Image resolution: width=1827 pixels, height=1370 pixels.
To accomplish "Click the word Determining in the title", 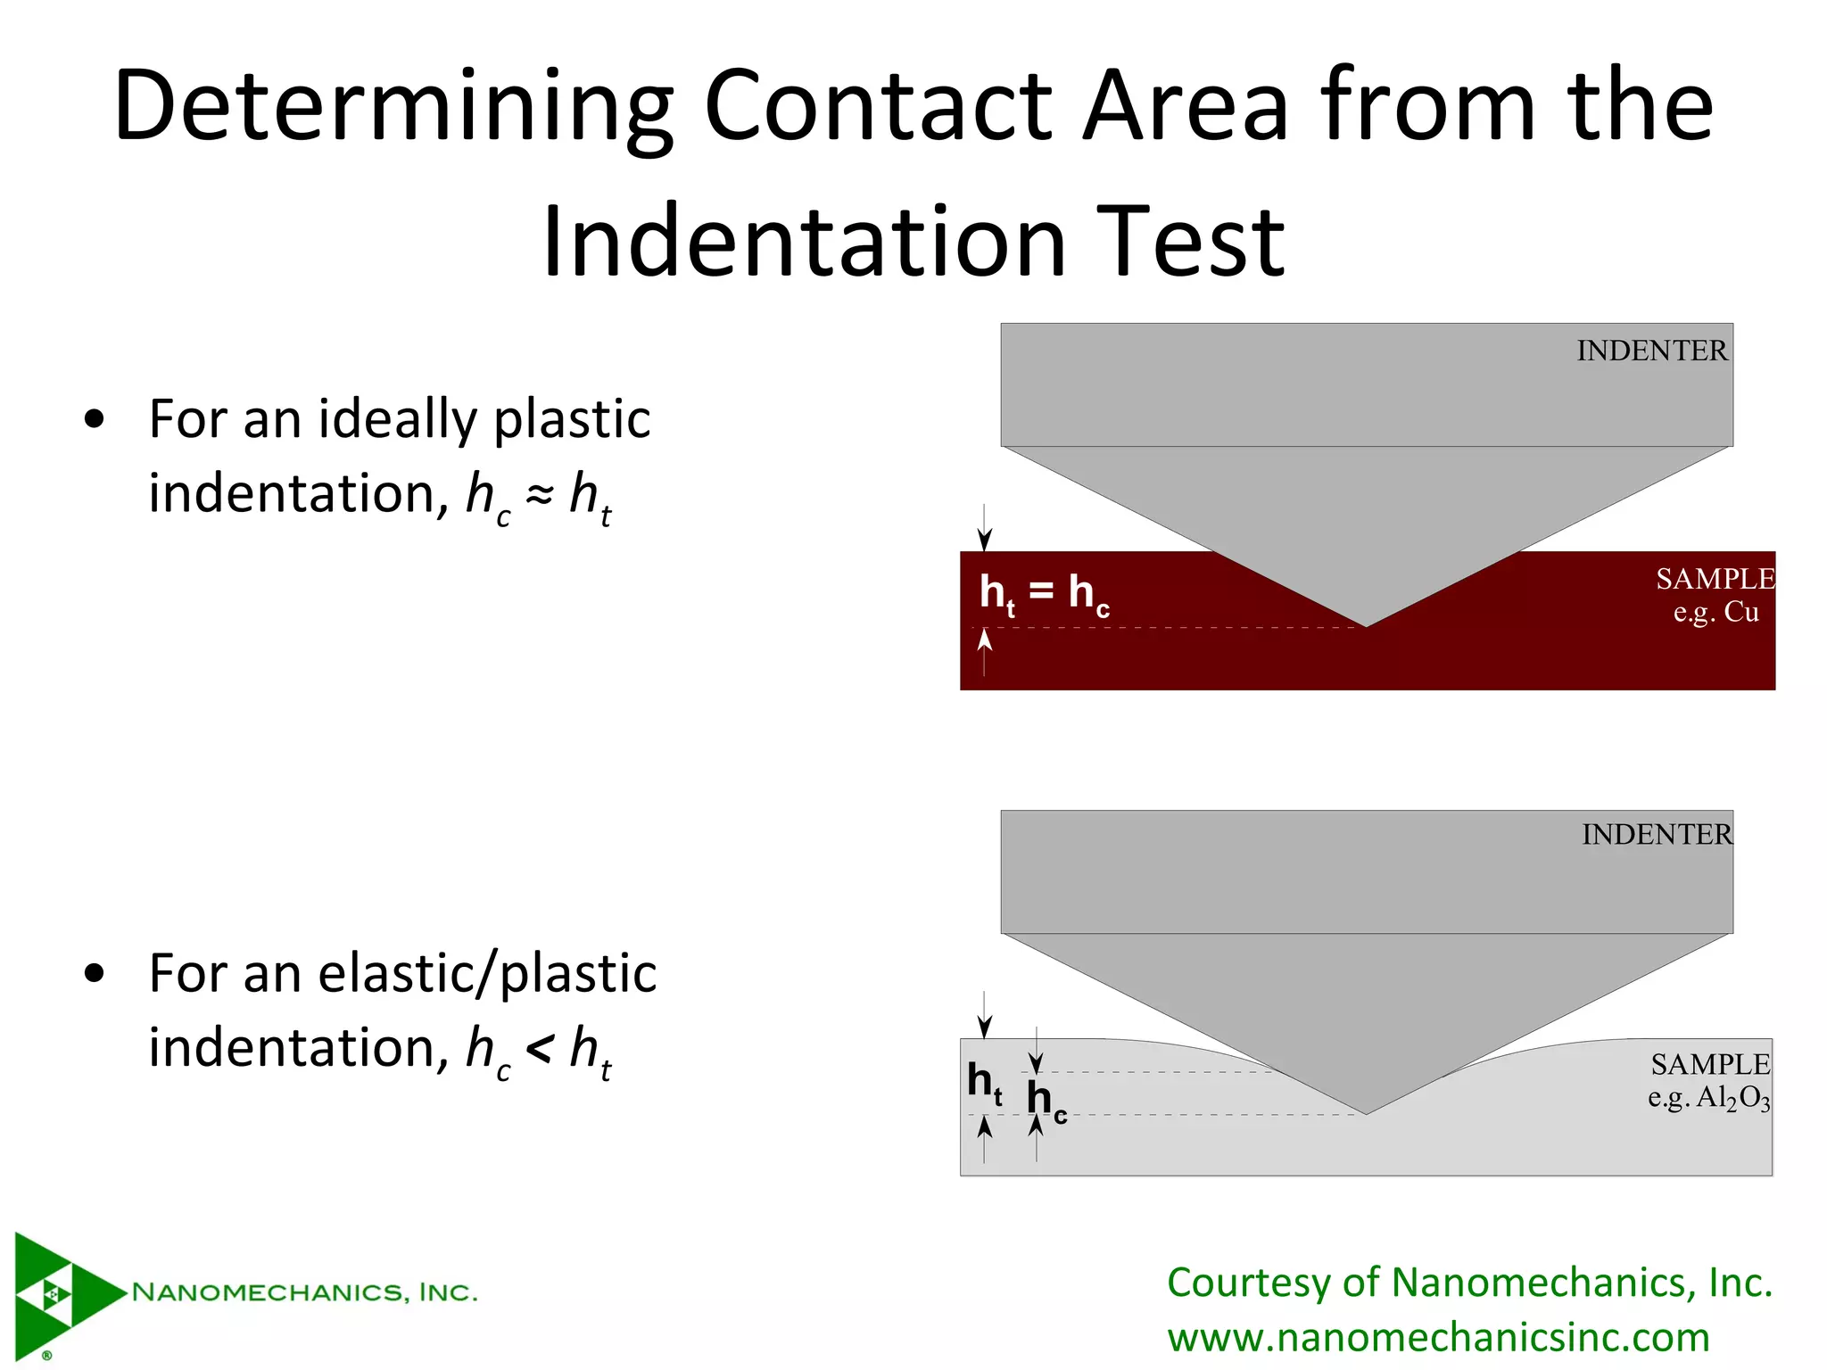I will coord(393,107).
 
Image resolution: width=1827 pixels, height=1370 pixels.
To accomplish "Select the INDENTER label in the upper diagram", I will coord(1651,351).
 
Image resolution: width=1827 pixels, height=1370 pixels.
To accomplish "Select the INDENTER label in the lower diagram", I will coord(1657,835).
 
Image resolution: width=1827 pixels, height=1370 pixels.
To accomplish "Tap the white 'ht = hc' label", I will coord(1044,593).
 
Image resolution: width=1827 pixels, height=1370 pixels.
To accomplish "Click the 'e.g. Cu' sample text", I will coord(1715,613).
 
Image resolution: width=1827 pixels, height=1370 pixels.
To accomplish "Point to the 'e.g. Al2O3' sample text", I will coord(1708,1098).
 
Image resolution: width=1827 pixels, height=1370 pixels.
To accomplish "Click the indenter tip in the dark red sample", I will coord(1366,623).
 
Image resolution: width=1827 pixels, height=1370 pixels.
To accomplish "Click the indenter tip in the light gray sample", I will coord(1366,1110).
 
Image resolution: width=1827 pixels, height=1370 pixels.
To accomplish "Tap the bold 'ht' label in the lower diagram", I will coord(984,1083).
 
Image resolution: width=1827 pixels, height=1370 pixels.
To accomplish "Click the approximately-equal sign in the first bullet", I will coord(540,496).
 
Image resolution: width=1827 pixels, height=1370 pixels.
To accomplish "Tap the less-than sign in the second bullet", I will coord(540,1049).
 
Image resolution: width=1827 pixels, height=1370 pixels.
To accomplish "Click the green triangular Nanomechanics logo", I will coord(59,1293).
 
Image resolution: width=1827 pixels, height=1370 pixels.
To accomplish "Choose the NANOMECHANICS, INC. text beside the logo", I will coord(304,1292).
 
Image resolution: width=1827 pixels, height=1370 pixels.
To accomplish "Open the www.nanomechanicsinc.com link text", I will coord(1438,1338).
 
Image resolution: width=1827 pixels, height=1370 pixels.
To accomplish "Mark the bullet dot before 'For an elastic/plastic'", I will coord(94,975).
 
